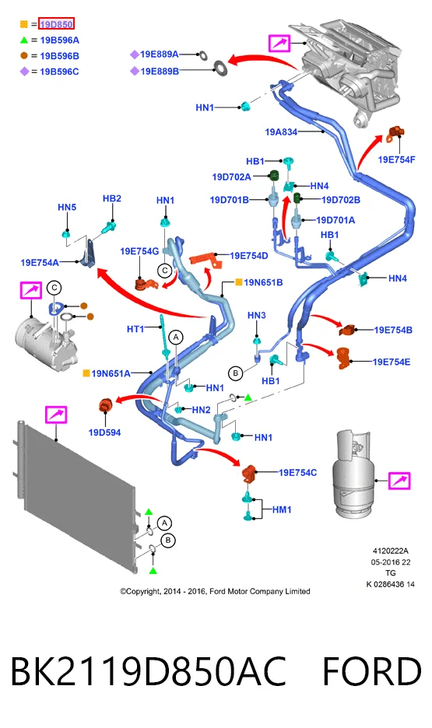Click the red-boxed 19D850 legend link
56,24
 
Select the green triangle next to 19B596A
23,40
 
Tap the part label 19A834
281,132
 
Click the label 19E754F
396,159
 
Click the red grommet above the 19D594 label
105,405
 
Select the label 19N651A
111,373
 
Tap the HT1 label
135,329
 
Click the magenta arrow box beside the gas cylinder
399,481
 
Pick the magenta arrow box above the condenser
56,414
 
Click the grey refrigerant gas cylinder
352,473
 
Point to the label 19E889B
160,72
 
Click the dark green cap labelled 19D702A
274,176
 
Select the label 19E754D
249,256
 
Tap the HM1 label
282,509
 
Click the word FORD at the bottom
371,671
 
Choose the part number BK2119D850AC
148,671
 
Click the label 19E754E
392,362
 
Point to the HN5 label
67,207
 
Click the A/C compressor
44,337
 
